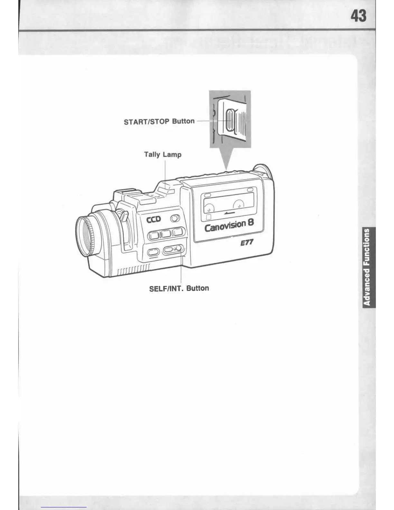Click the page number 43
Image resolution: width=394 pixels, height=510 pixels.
(358, 15)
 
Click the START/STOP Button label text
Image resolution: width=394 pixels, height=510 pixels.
(159, 121)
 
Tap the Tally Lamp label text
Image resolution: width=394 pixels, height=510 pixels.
(163, 155)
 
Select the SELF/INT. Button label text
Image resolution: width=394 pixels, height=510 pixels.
(179, 288)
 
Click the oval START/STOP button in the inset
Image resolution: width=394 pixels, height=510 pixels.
(229, 120)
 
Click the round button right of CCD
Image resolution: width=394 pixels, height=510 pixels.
(174, 219)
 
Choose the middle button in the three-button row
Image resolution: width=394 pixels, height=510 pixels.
(166, 233)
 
